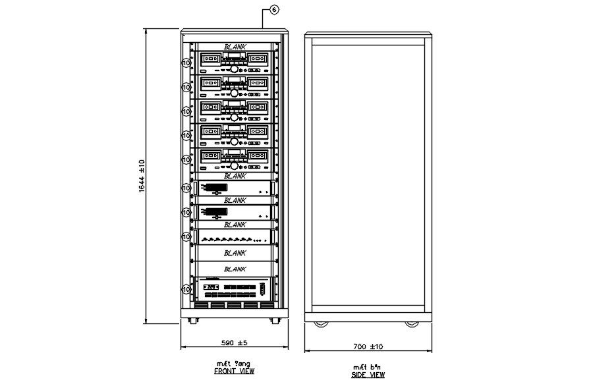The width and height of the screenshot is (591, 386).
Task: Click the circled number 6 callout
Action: [x=274, y=9]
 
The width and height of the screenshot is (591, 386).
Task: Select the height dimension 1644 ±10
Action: [x=142, y=177]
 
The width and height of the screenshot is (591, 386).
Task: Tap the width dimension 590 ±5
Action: [x=234, y=343]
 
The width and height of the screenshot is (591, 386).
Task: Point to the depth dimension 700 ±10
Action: [x=368, y=346]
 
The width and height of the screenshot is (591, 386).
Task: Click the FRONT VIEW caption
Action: [x=234, y=371]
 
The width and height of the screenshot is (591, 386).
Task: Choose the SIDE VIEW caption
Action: [x=368, y=375]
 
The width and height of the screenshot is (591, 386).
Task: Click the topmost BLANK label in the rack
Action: [x=235, y=47]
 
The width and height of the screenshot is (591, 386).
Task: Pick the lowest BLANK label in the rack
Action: [x=235, y=269]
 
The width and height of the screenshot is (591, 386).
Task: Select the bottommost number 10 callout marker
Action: [x=186, y=289]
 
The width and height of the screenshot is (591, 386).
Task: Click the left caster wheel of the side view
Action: [x=321, y=323]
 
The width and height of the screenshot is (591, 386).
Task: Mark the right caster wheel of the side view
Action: [x=412, y=323]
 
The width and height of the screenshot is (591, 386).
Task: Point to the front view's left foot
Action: [x=192, y=321]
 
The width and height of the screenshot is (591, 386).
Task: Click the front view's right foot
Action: [x=273, y=321]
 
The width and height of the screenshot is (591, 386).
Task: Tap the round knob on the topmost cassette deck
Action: [x=234, y=69]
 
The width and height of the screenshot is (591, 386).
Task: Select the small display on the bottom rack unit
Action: [x=211, y=288]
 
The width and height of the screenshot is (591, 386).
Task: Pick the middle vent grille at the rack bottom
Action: [x=234, y=305]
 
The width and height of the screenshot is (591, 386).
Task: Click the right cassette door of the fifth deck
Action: [x=258, y=156]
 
